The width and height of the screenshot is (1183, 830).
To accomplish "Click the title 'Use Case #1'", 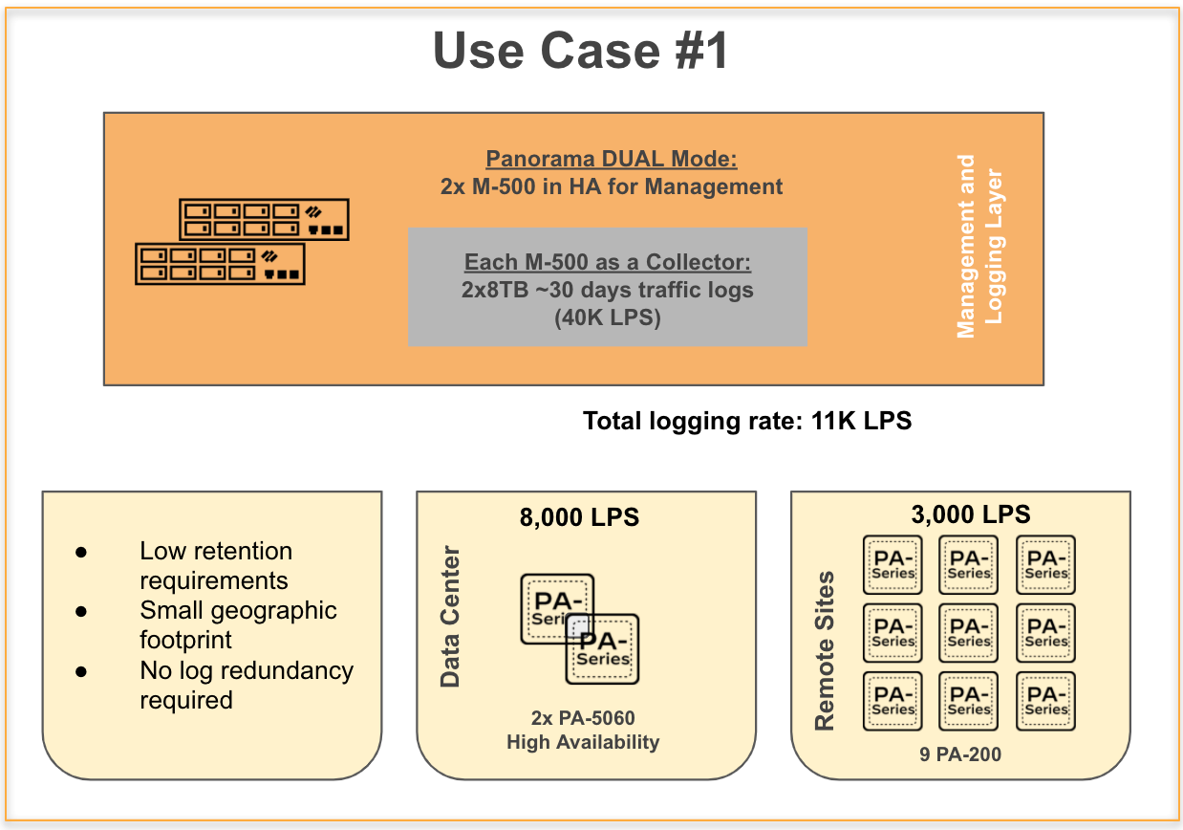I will (x=581, y=51).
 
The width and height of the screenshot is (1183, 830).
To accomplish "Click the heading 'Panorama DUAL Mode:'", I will (x=612, y=159).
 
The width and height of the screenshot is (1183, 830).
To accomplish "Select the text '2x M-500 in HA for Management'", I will (x=612, y=186).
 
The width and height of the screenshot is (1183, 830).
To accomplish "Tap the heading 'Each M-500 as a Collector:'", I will (x=608, y=262).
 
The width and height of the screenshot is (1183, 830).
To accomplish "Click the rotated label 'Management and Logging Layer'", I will (x=979, y=247).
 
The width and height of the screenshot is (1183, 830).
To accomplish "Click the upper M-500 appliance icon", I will (x=264, y=219).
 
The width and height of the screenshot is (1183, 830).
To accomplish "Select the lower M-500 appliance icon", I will (x=220, y=263).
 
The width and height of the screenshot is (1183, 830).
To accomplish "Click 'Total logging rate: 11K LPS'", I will (x=747, y=421).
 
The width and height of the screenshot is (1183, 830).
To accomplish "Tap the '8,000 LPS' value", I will (x=579, y=518).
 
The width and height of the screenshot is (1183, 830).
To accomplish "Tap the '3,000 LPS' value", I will (x=972, y=514).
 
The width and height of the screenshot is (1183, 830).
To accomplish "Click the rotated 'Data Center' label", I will (x=450, y=617).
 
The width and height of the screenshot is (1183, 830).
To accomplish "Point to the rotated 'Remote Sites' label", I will (x=825, y=650).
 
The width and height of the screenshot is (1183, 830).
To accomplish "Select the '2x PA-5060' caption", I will (x=583, y=718).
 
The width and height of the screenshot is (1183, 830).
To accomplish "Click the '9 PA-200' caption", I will (x=960, y=754).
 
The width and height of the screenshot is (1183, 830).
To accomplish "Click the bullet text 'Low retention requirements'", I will (x=216, y=565).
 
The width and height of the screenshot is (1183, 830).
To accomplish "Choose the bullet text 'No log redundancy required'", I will (x=246, y=685).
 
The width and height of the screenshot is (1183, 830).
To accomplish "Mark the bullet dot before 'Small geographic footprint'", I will (x=81, y=612).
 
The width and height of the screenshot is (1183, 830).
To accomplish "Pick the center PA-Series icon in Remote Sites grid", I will (x=969, y=633).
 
